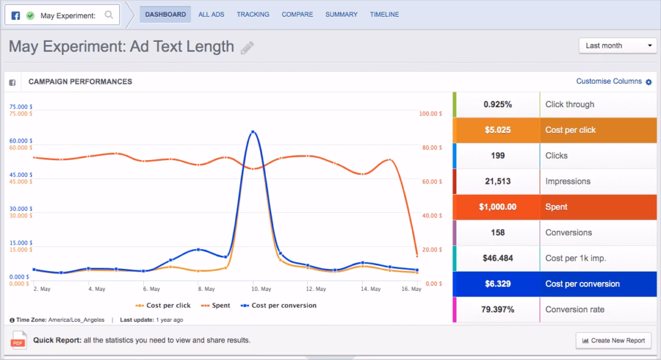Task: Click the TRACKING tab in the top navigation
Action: click(253, 14)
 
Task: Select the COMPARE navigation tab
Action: click(297, 14)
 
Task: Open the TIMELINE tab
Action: click(384, 14)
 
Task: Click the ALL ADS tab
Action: click(211, 14)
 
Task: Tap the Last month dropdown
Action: click(618, 46)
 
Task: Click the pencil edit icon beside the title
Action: click(247, 48)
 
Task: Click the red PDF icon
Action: click(18, 340)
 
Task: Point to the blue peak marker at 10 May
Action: click(253, 132)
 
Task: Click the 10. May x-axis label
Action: click(255, 289)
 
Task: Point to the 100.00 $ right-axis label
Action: click(431, 114)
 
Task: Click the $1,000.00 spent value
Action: click(498, 207)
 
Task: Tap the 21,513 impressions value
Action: click(498, 181)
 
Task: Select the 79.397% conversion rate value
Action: click(498, 310)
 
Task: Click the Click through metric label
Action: click(569, 105)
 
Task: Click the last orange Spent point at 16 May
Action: click(417, 255)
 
